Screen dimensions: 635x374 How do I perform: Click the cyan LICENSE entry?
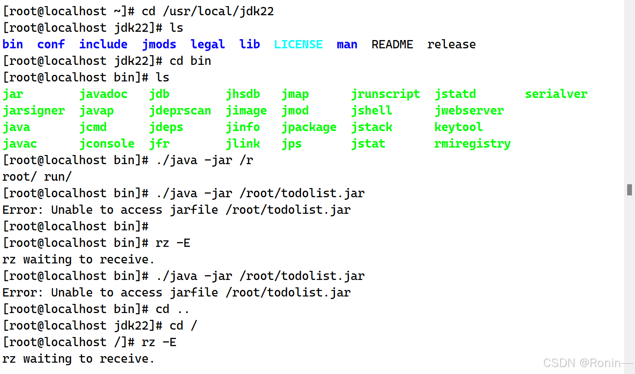point(298,44)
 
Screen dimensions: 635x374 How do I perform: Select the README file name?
point(392,44)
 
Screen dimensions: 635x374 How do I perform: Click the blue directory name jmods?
point(159,44)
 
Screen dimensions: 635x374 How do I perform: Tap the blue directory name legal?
point(208,44)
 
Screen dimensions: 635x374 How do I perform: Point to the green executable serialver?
point(556,94)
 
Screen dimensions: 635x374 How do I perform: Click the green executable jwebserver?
point(469,111)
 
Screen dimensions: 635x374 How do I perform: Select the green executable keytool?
point(459,127)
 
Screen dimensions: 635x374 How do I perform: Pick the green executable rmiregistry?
point(473,144)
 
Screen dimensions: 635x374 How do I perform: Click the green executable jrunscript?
point(385,94)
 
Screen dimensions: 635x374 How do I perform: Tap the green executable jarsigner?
point(34,111)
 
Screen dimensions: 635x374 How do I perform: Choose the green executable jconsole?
point(107,144)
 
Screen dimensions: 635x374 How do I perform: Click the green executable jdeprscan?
point(180,111)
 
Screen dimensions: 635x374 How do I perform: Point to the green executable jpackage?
point(309,127)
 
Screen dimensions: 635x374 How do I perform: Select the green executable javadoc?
point(103,94)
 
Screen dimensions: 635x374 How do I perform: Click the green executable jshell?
point(372,111)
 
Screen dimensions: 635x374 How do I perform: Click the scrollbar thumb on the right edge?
point(629,189)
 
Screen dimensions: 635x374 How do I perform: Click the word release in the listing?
point(451,44)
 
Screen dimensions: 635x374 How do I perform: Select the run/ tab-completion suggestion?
point(58,177)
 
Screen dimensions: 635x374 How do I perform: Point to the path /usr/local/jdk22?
point(218,11)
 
